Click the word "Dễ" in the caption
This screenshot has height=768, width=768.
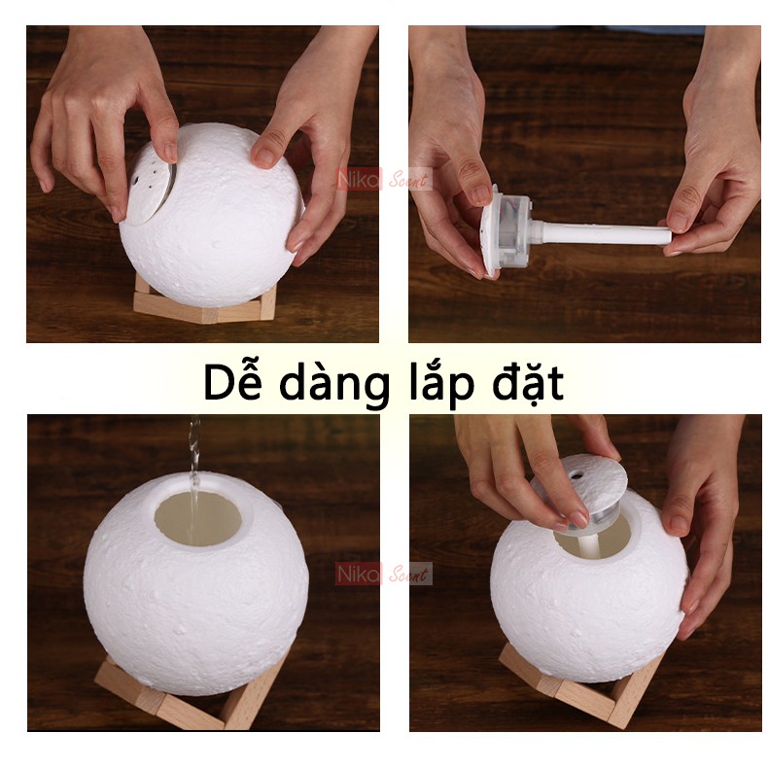click(x=232, y=384)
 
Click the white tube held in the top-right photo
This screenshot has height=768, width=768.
click(x=603, y=233)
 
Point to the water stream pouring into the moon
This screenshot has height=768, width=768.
click(x=194, y=467)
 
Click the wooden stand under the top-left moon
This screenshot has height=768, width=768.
click(x=204, y=303)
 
